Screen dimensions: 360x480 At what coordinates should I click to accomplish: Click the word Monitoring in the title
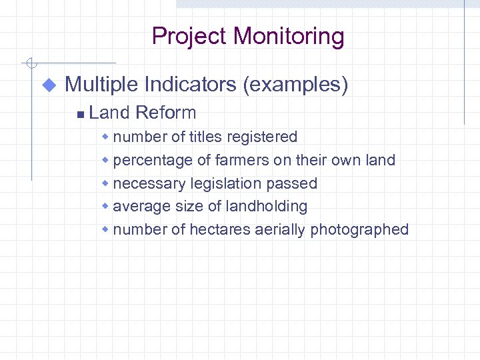point(291,36)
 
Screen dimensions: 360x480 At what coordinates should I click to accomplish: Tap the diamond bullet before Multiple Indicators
point(49,85)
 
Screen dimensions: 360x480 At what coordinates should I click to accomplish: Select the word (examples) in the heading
point(295,85)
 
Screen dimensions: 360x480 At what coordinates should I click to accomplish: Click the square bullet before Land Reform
point(80,114)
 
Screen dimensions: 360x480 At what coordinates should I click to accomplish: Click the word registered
point(262,137)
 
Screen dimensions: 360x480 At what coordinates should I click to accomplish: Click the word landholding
point(267,207)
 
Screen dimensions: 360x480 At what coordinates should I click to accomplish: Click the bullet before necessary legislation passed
point(105,183)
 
